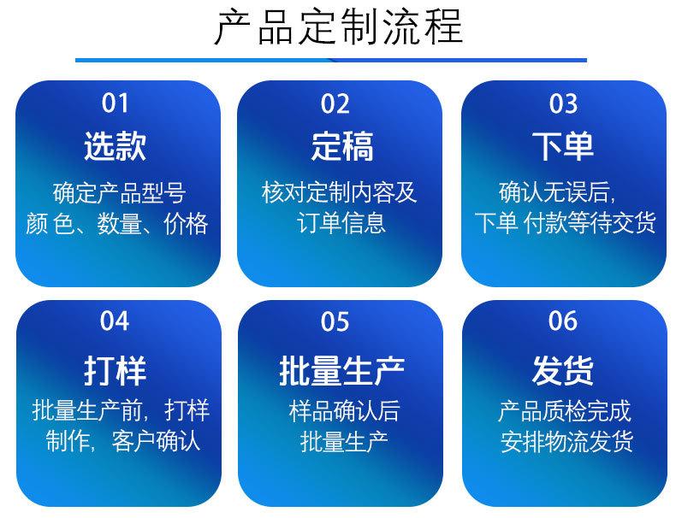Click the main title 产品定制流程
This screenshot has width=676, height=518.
point(339,27)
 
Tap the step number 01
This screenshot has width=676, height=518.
point(116,103)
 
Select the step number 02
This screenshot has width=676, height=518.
point(335,103)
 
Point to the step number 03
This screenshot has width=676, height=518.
point(563,103)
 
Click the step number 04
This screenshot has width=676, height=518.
point(115,321)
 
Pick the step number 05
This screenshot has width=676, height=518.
point(335,321)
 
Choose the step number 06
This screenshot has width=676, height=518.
point(563,321)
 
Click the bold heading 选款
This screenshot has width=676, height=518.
point(116,146)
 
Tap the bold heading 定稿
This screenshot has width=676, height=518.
point(342,146)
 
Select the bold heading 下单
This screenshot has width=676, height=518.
point(563,145)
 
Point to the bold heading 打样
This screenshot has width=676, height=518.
point(116,370)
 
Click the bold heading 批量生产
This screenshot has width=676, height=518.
point(342,370)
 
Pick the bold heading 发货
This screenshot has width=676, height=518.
point(563,370)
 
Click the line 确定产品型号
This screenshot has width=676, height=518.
point(120,193)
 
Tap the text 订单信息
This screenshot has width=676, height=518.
point(341,223)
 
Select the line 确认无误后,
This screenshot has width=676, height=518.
point(557,192)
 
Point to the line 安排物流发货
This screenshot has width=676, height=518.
point(566,441)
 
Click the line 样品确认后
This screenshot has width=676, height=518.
point(344,411)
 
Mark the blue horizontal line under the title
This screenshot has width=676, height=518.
point(331,61)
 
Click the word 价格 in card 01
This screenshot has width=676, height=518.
point(186,224)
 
